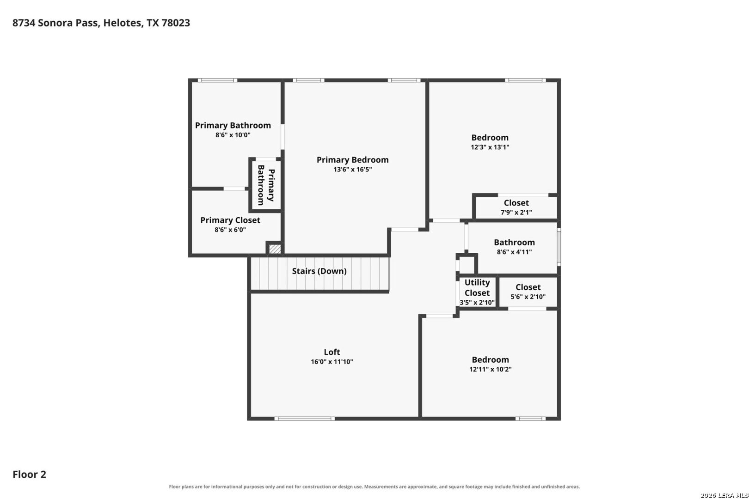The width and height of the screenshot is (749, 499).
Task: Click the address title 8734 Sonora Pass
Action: pos(56,23)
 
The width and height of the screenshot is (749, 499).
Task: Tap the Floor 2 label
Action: pos(30,474)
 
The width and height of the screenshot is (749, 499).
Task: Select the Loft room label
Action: pos(332,352)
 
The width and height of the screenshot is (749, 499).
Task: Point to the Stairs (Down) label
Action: pos(319,271)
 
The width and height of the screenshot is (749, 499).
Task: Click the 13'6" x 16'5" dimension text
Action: pos(352,170)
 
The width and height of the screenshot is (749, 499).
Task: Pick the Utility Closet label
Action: pos(477,287)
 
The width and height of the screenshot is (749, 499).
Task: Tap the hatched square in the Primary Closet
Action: pos(275,249)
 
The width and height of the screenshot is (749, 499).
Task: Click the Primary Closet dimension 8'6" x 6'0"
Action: pos(230,230)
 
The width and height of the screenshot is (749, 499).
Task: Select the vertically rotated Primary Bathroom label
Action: pos(266,185)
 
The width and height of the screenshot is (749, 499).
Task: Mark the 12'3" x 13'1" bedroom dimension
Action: pos(490,147)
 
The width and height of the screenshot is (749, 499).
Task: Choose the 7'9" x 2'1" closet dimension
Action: pos(516,212)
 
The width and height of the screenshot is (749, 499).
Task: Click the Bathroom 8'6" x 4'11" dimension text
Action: pos(514,252)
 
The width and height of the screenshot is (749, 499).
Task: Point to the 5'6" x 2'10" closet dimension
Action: pos(528,297)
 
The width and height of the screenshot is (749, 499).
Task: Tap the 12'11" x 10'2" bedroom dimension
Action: pos(490,369)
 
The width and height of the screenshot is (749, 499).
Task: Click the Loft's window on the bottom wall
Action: pos(304,419)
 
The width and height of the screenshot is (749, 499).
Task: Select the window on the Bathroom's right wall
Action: pos(559,247)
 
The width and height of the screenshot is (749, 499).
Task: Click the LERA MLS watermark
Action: pos(724,495)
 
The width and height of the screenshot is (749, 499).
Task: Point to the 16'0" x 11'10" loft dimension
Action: pos(332,362)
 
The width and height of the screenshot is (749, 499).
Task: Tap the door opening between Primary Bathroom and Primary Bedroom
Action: pos(282,137)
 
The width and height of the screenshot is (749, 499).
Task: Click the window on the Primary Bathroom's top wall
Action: pos(217,80)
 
